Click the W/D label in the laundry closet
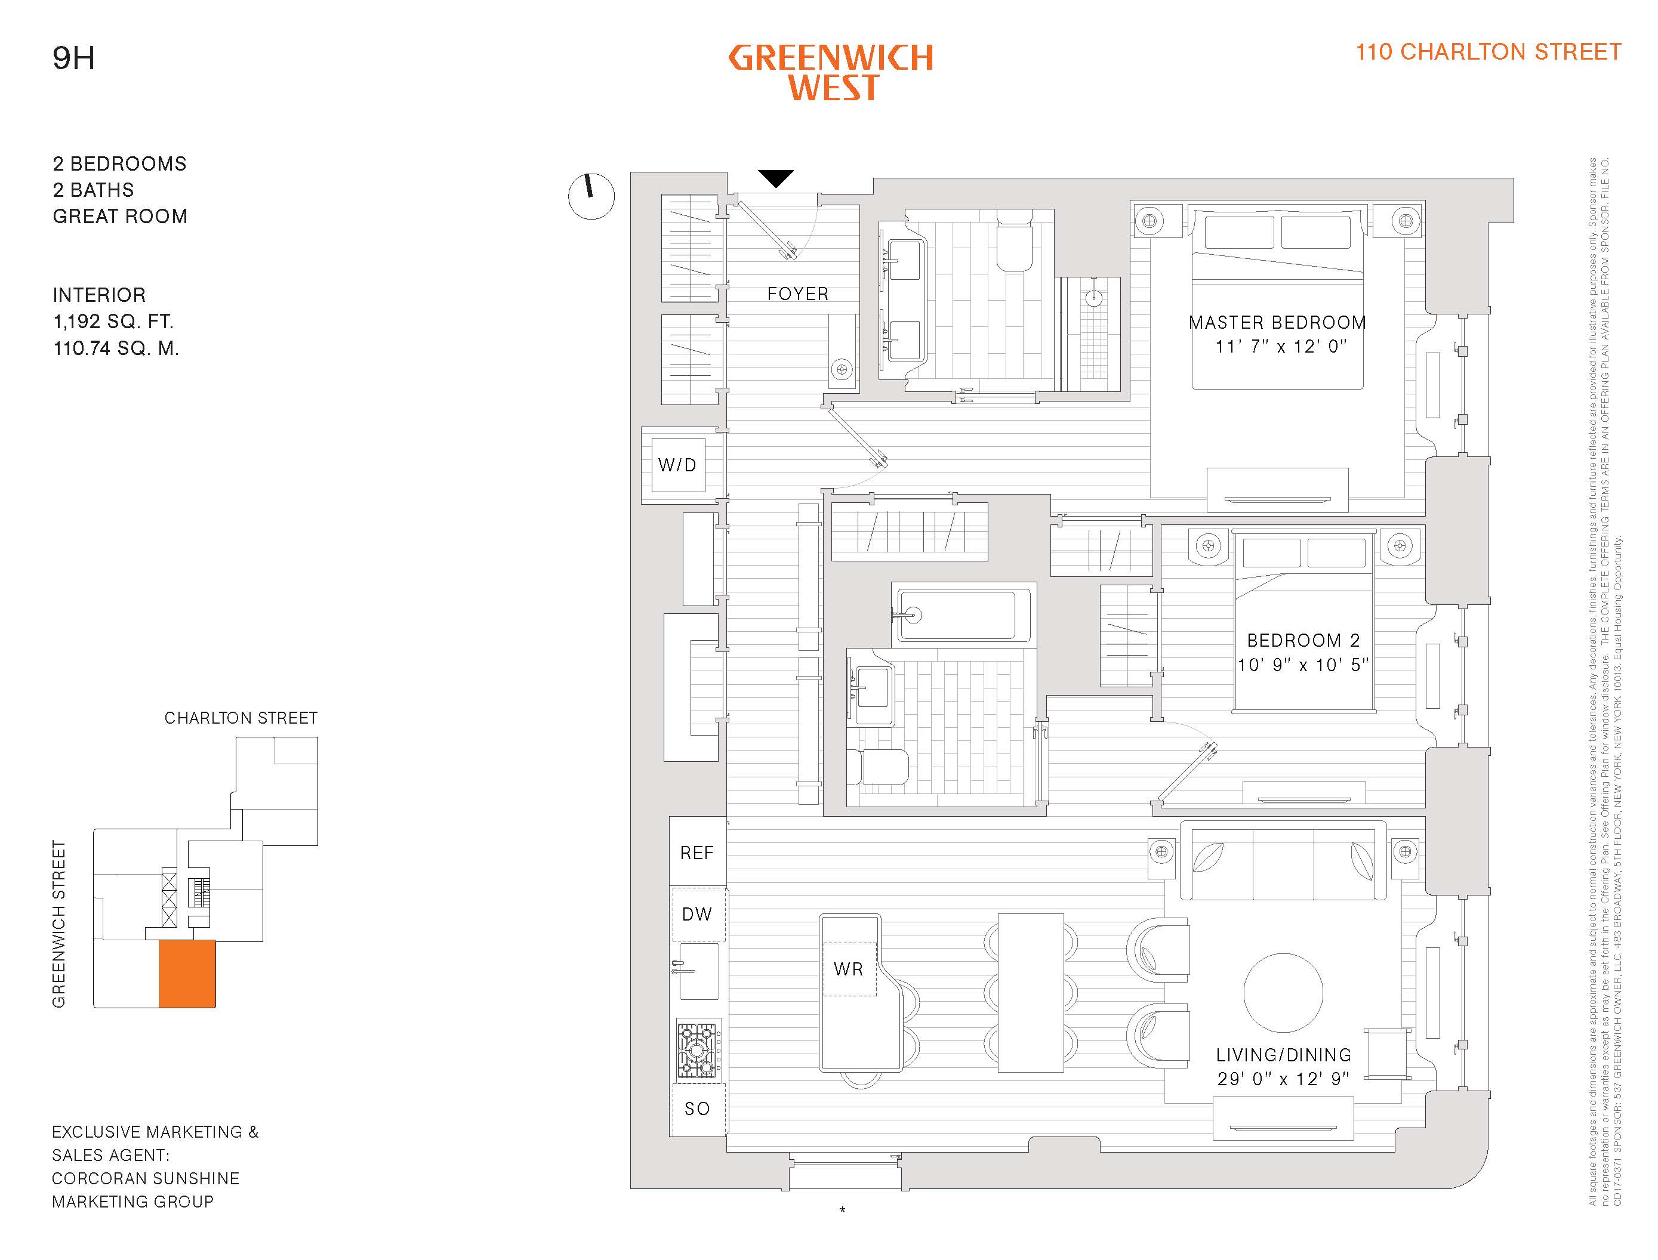(677, 465)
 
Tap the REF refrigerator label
(697, 853)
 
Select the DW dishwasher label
(697, 914)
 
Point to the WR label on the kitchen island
(849, 969)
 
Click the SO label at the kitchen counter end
(697, 1108)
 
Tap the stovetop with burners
(698, 1049)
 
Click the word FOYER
(797, 294)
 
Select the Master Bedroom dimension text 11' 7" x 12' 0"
(1281, 347)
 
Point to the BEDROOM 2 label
(1303, 641)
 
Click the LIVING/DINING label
(1284, 1055)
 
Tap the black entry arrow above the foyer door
(776, 178)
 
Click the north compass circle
(591, 196)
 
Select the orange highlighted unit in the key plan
(187, 974)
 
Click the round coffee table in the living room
(1283, 992)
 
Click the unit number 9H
(73, 58)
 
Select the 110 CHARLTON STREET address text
(1488, 52)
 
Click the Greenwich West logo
(831, 73)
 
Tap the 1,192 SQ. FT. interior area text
(113, 322)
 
